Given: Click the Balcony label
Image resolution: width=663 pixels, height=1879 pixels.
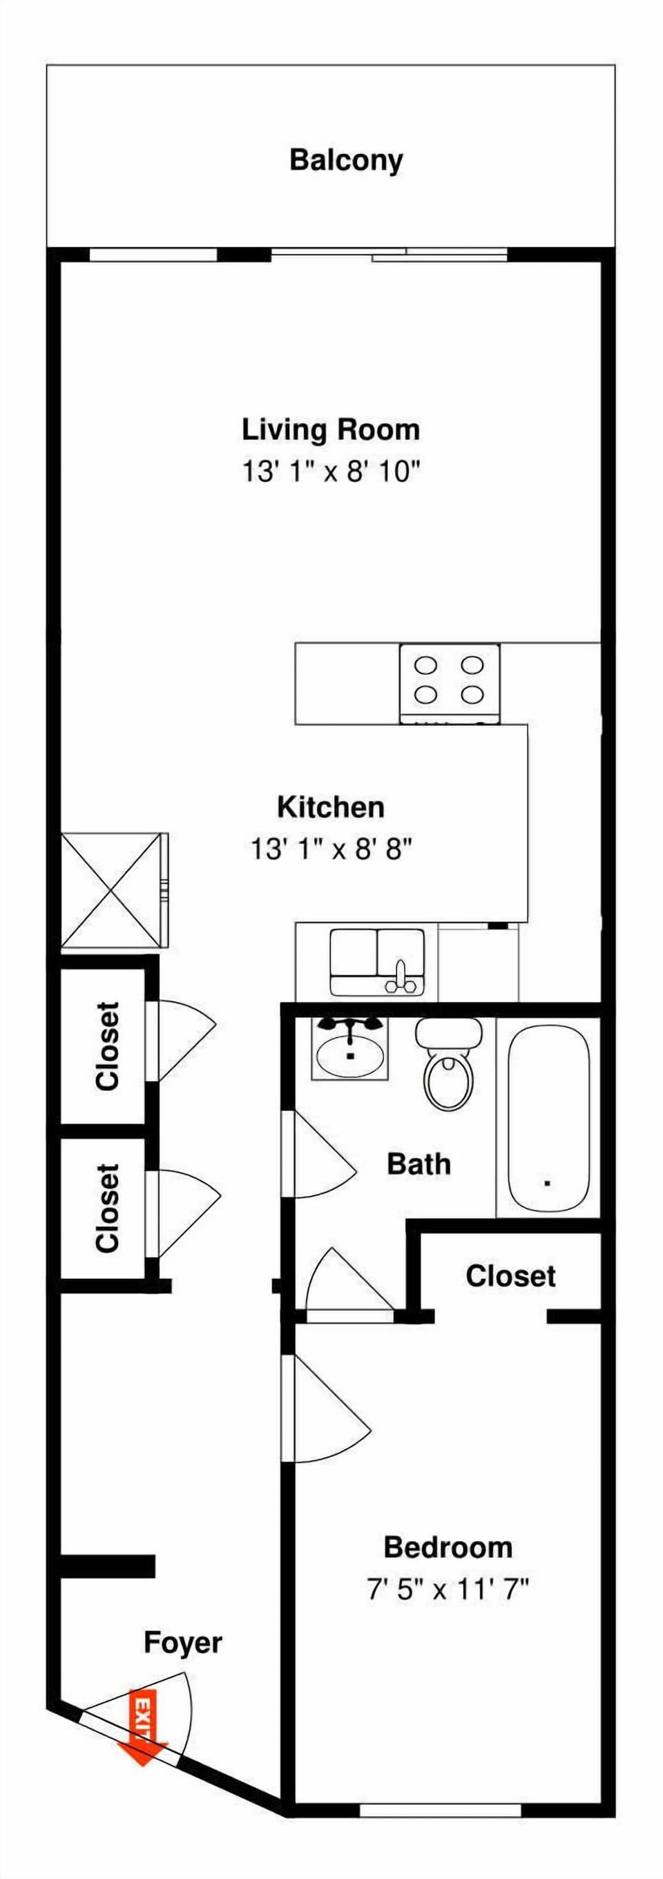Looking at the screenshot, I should [346, 160].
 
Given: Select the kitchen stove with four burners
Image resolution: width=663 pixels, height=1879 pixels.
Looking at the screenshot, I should [450, 683].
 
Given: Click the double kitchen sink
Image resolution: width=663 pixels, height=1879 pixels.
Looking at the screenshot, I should [376, 961].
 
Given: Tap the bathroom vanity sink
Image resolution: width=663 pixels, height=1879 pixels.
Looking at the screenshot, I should [350, 1050].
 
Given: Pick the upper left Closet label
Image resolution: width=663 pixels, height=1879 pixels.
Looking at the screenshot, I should [107, 1046].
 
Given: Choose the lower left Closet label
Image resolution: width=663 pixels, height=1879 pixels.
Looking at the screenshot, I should [107, 1207].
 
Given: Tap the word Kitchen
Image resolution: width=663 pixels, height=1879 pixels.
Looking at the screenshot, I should [330, 807].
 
